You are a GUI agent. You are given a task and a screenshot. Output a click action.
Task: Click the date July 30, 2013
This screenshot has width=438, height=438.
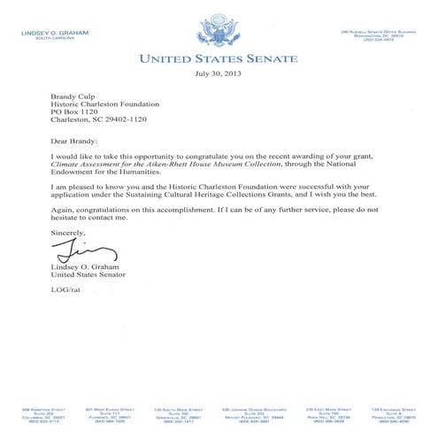point(219,73)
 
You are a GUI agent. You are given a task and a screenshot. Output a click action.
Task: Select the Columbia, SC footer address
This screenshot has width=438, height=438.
point(41,416)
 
